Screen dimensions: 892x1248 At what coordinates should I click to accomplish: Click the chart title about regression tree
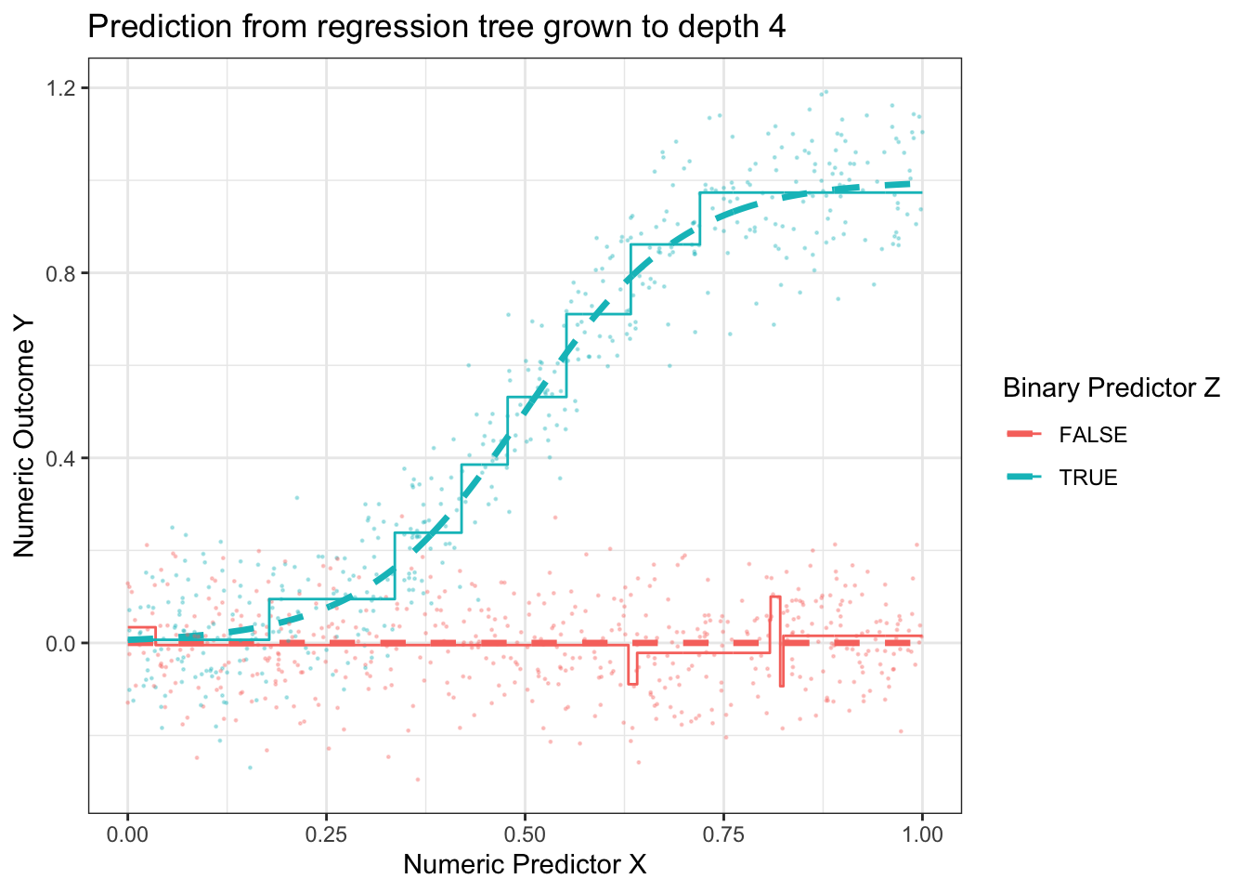tap(436, 27)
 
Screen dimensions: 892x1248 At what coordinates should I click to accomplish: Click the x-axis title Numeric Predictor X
tap(525, 865)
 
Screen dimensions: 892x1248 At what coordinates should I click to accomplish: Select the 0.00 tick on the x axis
tap(127, 834)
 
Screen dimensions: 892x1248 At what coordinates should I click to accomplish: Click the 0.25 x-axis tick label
tap(326, 834)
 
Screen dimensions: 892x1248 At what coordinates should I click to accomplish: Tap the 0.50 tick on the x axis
tap(525, 834)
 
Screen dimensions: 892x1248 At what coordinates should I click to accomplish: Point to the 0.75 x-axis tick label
tap(723, 834)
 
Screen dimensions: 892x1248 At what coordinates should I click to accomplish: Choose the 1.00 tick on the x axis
tap(922, 834)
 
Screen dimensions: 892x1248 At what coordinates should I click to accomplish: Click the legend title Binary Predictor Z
tap(1111, 388)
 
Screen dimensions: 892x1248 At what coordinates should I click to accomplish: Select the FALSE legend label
tap(1093, 435)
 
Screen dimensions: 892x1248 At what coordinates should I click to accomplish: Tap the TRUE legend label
tap(1088, 478)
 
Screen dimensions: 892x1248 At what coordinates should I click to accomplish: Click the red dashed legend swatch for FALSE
tap(1024, 434)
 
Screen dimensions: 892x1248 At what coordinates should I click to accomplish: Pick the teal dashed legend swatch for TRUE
tap(1024, 477)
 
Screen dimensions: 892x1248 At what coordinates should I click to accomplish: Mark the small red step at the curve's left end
tap(141, 628)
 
